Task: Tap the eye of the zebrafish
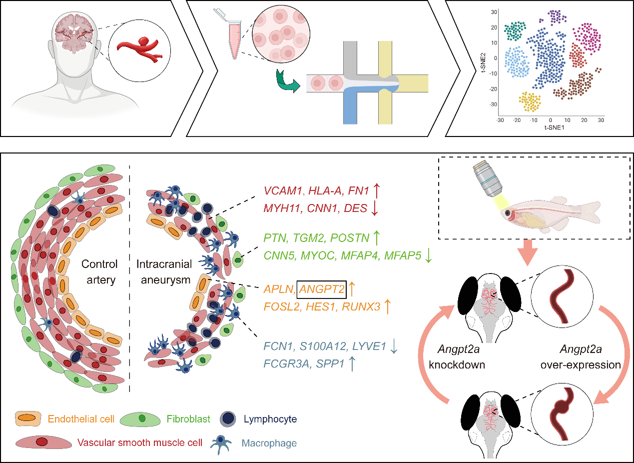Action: coord(507,213)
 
